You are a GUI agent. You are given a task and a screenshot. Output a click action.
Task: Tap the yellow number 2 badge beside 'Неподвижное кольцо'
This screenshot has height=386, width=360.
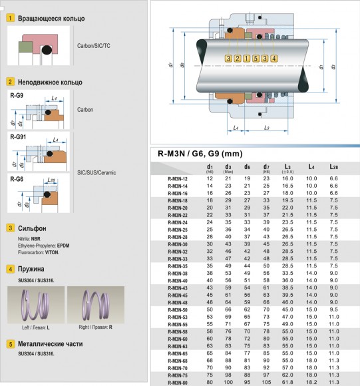click(11, 82)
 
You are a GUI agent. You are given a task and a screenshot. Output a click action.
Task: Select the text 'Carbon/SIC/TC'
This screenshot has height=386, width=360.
click(94, 48)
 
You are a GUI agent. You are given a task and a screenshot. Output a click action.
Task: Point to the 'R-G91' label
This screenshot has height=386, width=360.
click(20, 136)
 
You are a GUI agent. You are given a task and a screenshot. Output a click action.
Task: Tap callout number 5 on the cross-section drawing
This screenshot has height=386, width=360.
click(256, 59)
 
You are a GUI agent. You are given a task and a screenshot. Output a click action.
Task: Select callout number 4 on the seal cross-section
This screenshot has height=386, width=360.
click(265, 59)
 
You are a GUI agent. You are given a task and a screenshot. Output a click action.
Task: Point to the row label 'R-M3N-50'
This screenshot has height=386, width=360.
click(178, 309)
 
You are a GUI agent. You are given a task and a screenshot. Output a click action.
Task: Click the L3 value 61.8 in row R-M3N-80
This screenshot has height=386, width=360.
click(287, 383)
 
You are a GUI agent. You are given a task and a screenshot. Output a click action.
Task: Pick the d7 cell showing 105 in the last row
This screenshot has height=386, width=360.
click(266, 383)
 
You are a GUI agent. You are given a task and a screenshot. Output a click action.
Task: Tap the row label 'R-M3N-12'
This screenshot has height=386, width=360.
click(178, 179)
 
